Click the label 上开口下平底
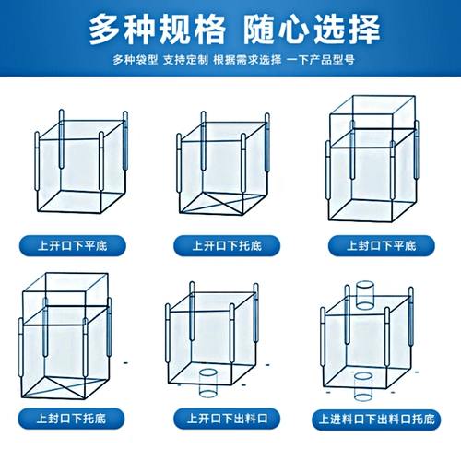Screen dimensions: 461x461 [73, 246]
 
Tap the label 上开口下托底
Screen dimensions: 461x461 [227, 246]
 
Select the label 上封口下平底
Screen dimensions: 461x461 [382, 246]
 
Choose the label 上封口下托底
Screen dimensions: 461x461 [71, 419]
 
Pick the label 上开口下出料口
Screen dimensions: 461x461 [227, 419]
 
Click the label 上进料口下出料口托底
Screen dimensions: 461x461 [376, 420]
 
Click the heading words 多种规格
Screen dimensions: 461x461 [158, 30]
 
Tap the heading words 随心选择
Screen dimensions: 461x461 [312, 30]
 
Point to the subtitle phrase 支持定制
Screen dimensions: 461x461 [185, 60]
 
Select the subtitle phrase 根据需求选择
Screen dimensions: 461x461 [247, 60]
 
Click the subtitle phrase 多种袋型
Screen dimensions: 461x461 [136, 60]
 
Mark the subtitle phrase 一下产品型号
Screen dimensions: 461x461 [321, 60]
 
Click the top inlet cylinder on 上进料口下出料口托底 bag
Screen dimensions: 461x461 [365, 294]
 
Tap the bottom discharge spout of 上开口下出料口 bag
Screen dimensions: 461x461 [208, 383]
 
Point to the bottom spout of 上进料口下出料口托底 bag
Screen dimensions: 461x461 [363, 386]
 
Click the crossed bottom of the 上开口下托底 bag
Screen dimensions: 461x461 [223, 204]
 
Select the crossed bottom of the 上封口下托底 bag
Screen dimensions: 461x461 [65, 387]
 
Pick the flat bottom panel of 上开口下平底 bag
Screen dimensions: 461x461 [81, 201]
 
